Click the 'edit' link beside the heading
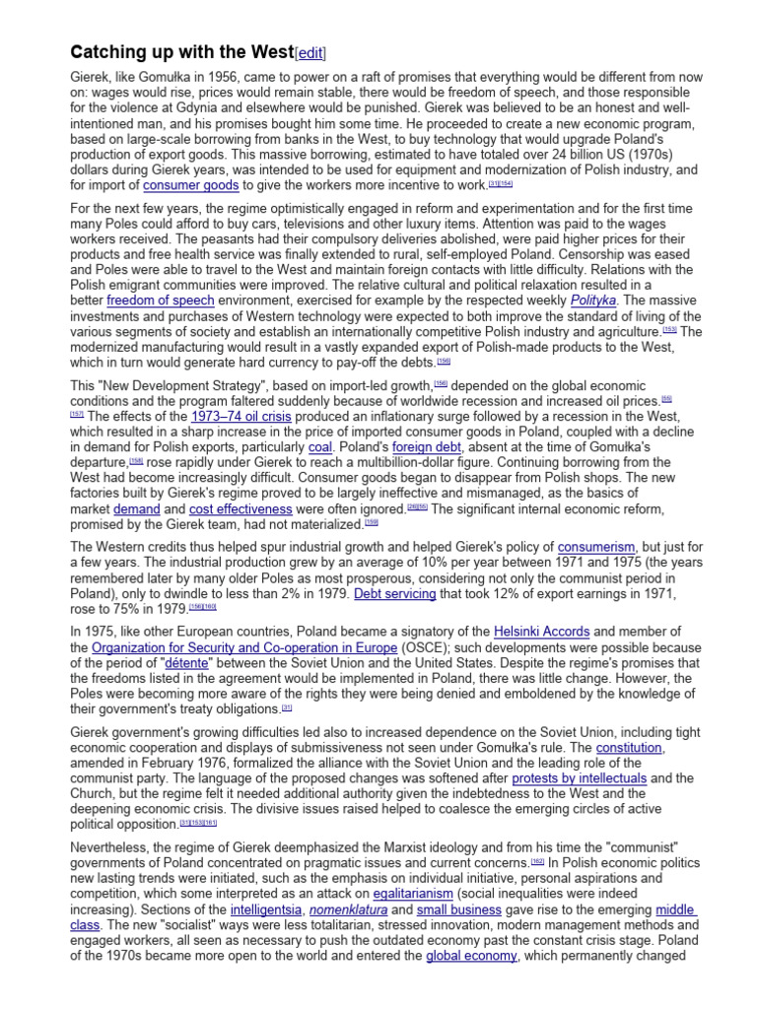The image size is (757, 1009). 310,53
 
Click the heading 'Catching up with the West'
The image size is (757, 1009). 181,52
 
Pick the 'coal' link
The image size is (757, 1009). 320,445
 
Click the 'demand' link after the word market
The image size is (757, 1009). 136,509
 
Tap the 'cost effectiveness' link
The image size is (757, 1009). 241,509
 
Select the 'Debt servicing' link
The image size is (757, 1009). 396,593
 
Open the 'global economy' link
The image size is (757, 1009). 471,956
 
